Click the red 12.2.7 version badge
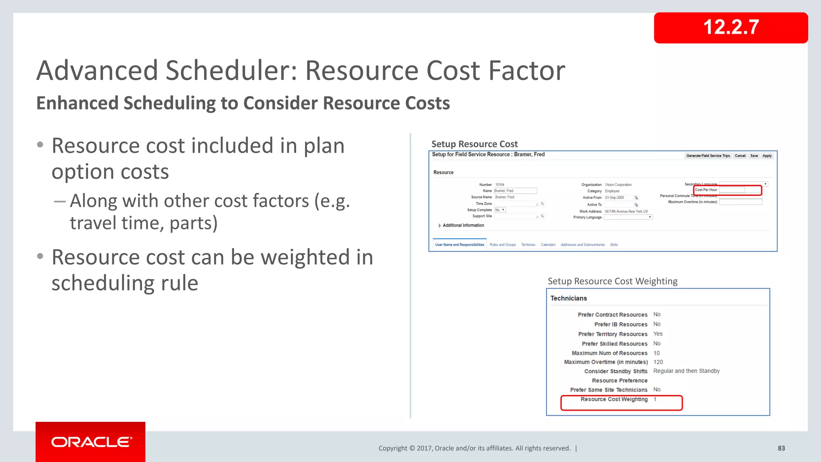click(730, 28)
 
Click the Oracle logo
click(91, 442)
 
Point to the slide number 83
click(781, 448)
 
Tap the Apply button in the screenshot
click(767, 156)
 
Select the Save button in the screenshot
click(754, 156)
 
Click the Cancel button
click(740, 156)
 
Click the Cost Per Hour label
click(706, 190)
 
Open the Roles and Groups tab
click(503, 245)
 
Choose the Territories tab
click(528, 245)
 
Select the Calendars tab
click(548, 245)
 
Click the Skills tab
click(614, 245)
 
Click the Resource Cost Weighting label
click(614, 399)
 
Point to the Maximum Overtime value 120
click(658, 362)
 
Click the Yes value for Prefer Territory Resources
click(658, 334)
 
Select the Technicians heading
click(568, 298)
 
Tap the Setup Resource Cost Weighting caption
click(613, 281)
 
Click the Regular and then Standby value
click(686, 371)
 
